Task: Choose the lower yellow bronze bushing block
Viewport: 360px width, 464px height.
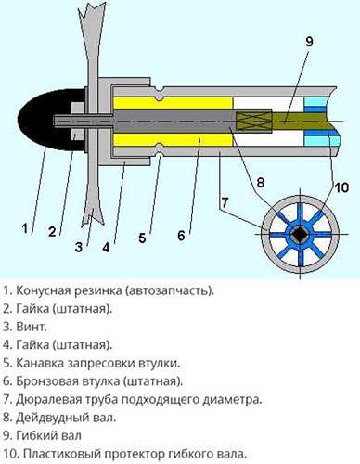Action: pos(172,142)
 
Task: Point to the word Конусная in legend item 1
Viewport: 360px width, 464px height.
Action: pos(45,290)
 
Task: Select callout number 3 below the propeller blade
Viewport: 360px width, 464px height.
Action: pos(78,247)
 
